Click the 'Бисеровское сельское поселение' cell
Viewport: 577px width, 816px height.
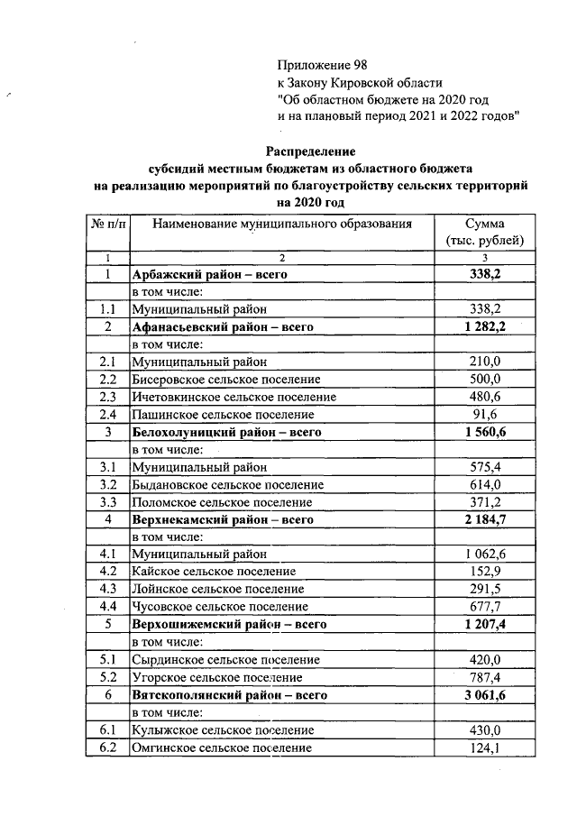[226, 379]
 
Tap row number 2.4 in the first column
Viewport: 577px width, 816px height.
[108, 414]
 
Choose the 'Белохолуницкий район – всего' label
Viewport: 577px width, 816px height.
[226, 432]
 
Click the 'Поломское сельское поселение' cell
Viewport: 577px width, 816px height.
[222, 501]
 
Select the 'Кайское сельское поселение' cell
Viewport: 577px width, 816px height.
[214, 572]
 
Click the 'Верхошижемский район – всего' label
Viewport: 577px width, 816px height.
[228, 624]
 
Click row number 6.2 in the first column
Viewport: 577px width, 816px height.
[108, 747]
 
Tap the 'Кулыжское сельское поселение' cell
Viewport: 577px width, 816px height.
[223, 729]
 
